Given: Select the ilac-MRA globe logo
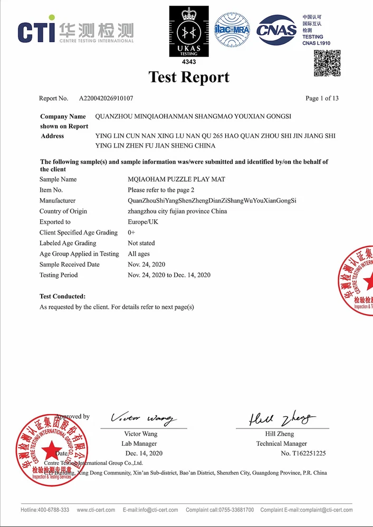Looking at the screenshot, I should pyautogui.click(x=232, y=30).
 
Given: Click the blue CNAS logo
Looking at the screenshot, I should pyautogui.click(x=276, y=30).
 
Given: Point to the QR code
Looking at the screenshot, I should pyautogui.click(x=327, y=63).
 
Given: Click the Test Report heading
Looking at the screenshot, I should pyautogui.click(x=189, y=77).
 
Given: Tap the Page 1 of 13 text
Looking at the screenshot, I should pyautogui.click(x=322, y=99).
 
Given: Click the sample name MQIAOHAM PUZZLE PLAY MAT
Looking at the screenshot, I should pyautogui.click(x=176, y=180).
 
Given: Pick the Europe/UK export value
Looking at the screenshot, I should pyautogui.click(x=142, y=222).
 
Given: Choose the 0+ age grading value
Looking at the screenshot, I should pyautogui.click(x=132, y=232).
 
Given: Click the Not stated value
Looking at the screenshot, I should pyautogui.click(x=141, y=243).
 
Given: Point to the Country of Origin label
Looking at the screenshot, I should pyautogui.click(x=63, y=211).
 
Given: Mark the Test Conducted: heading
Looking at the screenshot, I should pyautogui.click(x=62, y=297).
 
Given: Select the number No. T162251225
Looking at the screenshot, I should pyautogui.click(x=303, y=453).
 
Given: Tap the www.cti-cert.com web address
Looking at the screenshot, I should pyautogui.click(x=96, y=510).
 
